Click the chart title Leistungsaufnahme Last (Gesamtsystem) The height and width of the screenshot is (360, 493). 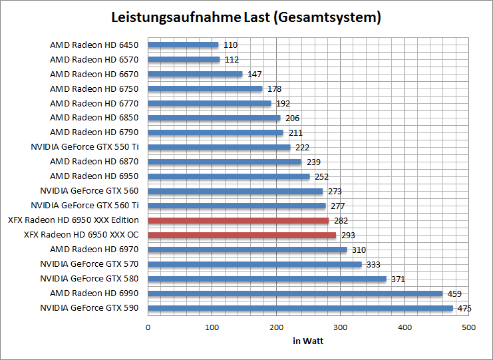click(x=246, y=17)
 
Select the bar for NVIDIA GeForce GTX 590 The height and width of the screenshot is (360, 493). click(x=300, y=308)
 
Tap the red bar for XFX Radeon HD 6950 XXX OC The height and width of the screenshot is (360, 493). click(x=242, y=235)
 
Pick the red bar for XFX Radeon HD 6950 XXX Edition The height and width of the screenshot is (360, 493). click(x=238, y=220)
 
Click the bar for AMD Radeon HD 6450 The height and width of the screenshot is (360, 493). click(x=183, y=45)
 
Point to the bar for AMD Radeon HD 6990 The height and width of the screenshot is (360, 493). click(x=295, y=293)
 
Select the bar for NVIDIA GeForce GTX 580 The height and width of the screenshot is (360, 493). click(x=267, y=279)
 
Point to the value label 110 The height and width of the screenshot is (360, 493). click(x=230, y=45)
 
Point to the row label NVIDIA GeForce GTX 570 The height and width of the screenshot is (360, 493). click(x=89, y=264)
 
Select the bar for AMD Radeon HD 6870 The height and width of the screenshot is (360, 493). click(x=224, y=162)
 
